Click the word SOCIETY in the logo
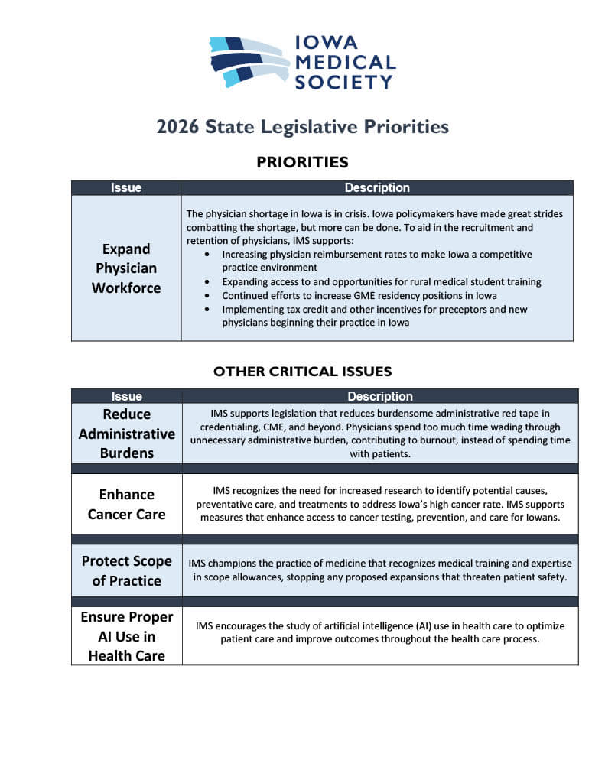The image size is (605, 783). (344, 81)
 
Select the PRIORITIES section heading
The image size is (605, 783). (302, 162)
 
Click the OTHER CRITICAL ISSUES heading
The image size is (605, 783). (302, 372)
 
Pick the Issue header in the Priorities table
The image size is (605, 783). (126, 188)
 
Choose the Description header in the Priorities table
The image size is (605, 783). (377, 188)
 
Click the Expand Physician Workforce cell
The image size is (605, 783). (126, 268)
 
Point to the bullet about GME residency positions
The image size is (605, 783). (359, 296)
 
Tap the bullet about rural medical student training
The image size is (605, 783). (381, 282)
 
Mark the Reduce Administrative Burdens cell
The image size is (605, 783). (126, 434)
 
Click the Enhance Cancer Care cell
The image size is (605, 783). (126, 505)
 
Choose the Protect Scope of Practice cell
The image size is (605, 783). (126, 570)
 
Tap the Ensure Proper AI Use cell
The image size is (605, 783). (126, 636)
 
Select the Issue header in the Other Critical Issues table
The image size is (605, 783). (126, 397)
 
